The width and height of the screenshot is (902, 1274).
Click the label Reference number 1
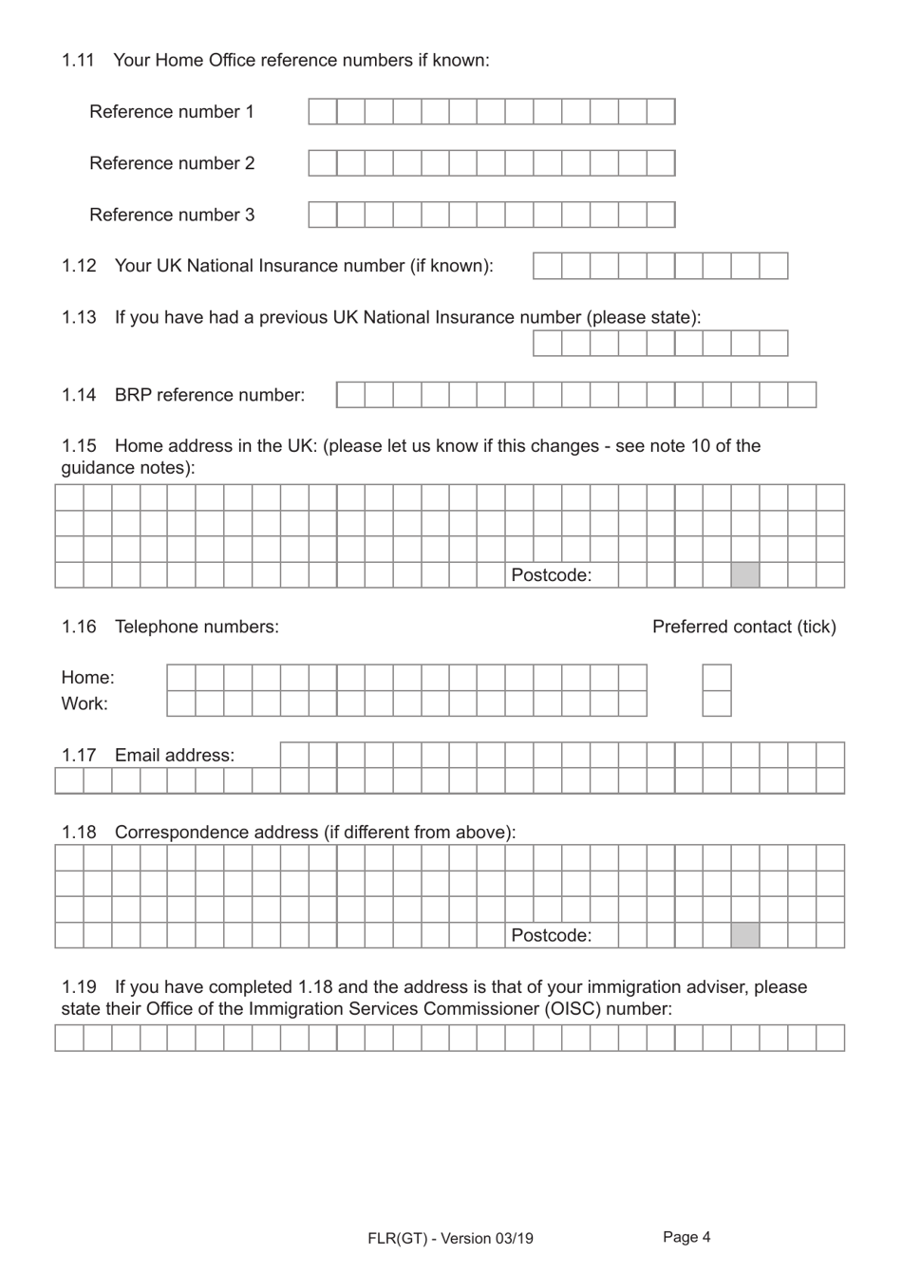[x=172, y=112]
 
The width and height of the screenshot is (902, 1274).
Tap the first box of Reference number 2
[x=323, y=163]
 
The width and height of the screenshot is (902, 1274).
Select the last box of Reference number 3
[x=661, y=215]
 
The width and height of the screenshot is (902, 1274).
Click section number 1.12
[x=79, y=266]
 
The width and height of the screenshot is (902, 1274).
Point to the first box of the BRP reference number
[x=350, y=395]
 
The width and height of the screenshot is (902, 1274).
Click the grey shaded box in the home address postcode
[x=745, y=575]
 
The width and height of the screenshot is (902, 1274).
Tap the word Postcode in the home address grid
[x=551, y=575]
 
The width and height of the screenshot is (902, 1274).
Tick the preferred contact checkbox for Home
[x=717, y=678]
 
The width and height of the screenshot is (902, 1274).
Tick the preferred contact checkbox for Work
[x=717, y=703]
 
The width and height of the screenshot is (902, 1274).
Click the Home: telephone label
[x=87, y=678]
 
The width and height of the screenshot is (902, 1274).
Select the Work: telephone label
[x=85, y=703]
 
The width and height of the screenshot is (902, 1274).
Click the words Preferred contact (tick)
[x=743, y=627]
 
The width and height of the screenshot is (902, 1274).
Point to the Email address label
[x=174, y=756]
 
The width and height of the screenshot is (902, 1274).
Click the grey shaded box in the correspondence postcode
[x=745, y=936]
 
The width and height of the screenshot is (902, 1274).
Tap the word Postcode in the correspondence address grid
[x=551, y=936]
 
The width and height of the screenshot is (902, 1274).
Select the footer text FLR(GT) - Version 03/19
[x=450, y=1238]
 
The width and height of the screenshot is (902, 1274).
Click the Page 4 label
[x=686, y=1237]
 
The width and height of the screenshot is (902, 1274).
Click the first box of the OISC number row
[x=69, y=1038]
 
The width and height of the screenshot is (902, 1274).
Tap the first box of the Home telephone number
[x=181, y=678]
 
